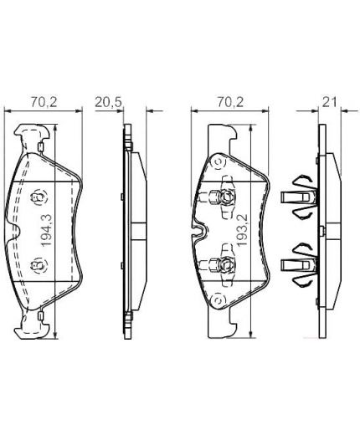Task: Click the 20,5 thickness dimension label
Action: [108, 102]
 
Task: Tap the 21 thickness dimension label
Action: [330, 102]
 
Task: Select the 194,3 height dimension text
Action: [46, 230]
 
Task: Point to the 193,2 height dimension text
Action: [242, 230]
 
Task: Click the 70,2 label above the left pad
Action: [44, 102]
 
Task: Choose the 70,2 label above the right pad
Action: [230, 102]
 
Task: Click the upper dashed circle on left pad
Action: [39, 197]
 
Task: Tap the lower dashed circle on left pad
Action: [39, 265]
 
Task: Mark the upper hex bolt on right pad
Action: [226, 197]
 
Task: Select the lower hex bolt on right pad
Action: [226, 264]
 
